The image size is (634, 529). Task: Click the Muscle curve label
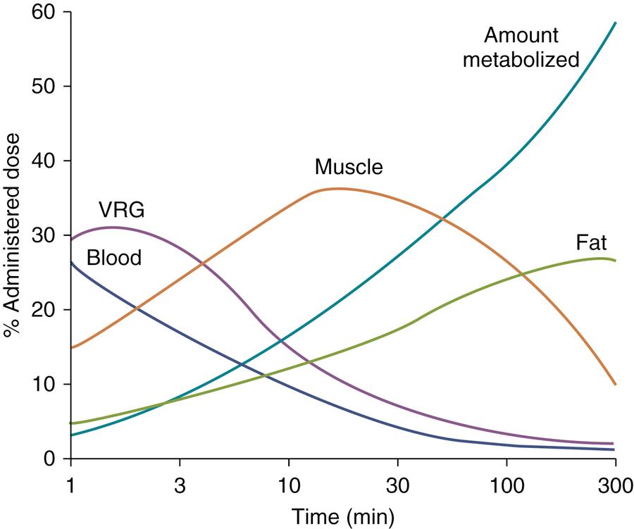pyautogui.click(x=349, y=168)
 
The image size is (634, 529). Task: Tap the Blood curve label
pyautogui.click(x=114, y=258)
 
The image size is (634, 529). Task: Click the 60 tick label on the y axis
pyautogui.click(x=44, y=13)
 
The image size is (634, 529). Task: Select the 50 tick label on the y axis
pyautogui.click(x=44, y=87)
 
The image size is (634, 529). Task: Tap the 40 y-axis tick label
pyautogui.click(x=44, y=161)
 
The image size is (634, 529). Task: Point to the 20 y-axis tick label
pyautogui.click(x=44, y=310)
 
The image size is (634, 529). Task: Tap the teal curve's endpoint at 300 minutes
pyautogui.click(x=616, y=23)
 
